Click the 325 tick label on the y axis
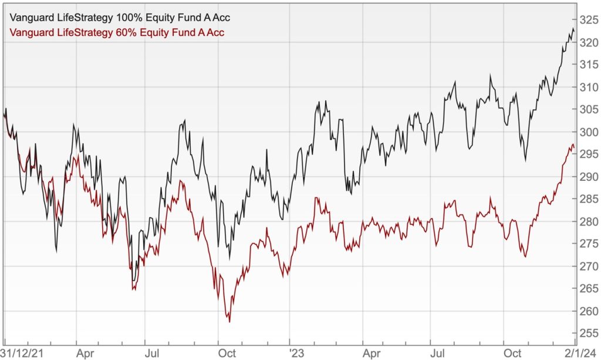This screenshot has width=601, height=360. (x=588, y=21)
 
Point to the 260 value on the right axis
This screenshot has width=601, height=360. (x=588, y=311)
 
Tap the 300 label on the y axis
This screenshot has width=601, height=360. (x=588, y=132)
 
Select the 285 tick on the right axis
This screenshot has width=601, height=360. (x=588, y=199)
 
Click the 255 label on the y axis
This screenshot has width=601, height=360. (x=588, y=334)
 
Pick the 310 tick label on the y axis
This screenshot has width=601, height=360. (x=588, y=88)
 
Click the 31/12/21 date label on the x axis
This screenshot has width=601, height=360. (x=24, y=353)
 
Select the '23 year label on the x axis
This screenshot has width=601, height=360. (x=298, y=353)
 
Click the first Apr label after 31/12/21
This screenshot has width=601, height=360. (x=86, y=353)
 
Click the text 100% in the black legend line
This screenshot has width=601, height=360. (x=131, y=18)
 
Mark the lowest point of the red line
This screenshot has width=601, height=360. (x=229, y=321)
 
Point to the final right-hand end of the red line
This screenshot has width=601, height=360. (x=574, y=147)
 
